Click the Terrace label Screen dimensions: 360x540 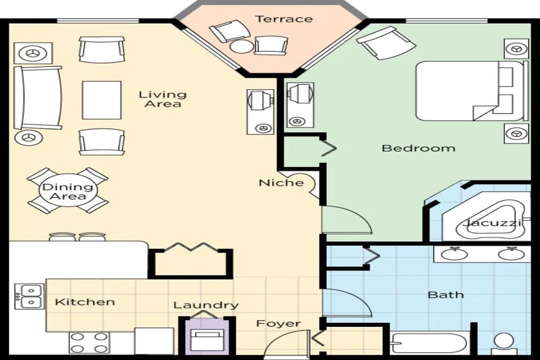tap(283, 19)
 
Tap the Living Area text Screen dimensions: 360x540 tap(163, 99)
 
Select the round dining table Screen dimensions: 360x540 tap(67, 191)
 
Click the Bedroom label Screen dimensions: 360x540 tap(418, 148)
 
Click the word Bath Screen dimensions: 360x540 tap(445, 294)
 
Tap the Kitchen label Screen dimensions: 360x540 tap(85, 302)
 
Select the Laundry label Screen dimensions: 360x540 tap(206, 305)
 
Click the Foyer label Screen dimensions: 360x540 tap(278, 323)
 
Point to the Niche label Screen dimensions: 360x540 tap(281, 183)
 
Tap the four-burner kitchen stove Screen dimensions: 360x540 tap(89, 343)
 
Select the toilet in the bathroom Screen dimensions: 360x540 tap(503, 343)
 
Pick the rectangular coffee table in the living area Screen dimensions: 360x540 tap(102, 100)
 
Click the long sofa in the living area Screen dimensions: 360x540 tap(38, 97)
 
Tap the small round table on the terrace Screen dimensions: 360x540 tap(242, 46)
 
